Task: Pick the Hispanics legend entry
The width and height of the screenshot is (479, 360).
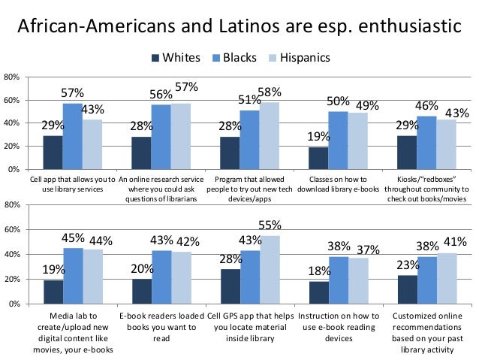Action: [x=301, y=58]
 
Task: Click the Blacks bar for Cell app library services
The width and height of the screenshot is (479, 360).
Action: [x=72, y=136]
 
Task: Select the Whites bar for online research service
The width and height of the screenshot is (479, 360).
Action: [x=141, y=153]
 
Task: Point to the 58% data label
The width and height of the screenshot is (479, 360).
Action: [x=270, y=92]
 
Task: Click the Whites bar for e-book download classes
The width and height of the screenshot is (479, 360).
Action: [x=318, y=158]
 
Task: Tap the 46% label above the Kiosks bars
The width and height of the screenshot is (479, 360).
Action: [x=427, y=105]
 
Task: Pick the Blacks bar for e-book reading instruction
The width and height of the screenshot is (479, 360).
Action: [x=338, y=280]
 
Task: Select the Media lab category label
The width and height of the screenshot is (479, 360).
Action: [x=73, y=328]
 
